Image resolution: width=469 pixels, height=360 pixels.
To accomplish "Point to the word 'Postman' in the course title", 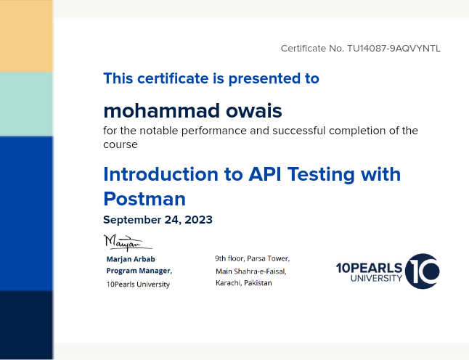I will point(144,198).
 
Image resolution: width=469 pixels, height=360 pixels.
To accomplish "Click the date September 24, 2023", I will point(158,220).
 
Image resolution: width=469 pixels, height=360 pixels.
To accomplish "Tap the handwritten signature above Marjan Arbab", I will point(123,242).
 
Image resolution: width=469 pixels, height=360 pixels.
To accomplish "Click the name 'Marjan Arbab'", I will point(131,259).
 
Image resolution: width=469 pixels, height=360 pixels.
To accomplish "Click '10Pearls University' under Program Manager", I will point(138,285).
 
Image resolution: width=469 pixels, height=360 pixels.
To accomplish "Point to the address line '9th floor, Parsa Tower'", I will point(251,258).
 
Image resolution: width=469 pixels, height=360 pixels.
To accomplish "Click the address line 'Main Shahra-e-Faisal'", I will point(250,271).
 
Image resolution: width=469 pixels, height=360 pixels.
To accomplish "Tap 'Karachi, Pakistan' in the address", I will point(244,283).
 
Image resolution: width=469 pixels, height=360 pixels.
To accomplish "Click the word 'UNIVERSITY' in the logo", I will point(376,278).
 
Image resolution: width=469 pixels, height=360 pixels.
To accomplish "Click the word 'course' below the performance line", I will point(120,144).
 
